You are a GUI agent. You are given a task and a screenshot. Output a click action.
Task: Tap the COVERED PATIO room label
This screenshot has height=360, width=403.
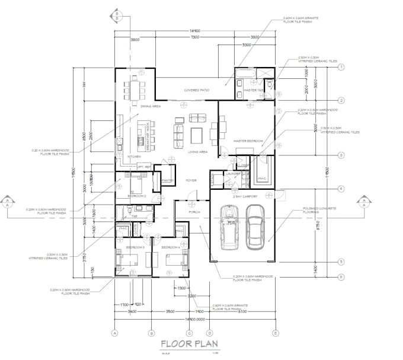click(197, 90)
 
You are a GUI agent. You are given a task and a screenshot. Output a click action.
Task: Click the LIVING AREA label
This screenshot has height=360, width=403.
click(197, 152)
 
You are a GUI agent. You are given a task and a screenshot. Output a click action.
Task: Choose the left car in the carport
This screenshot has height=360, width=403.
click(229, 227)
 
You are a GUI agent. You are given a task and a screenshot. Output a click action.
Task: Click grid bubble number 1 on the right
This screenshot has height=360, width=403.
click(341, 68)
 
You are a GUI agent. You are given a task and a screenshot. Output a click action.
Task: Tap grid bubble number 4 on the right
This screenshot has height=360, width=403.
click(341, 189)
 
